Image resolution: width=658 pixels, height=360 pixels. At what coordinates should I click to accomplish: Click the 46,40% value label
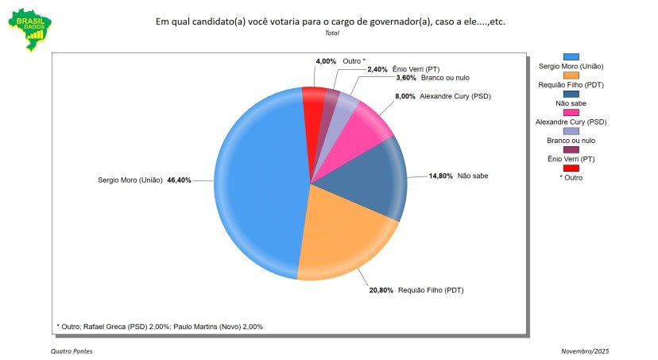pos(178,181)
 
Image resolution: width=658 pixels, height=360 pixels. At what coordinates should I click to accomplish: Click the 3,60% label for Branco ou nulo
pos(408,78)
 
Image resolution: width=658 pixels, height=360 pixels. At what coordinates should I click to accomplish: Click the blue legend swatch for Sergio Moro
pos(571,56)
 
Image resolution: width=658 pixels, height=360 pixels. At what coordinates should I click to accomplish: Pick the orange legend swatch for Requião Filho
pos(571,74)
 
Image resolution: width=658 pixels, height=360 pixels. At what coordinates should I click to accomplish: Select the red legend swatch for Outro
pos(571,168)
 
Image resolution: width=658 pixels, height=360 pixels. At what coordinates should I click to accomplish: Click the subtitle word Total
pos(331,33)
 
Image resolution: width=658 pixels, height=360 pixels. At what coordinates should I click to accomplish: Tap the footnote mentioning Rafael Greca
pos(160,327)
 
